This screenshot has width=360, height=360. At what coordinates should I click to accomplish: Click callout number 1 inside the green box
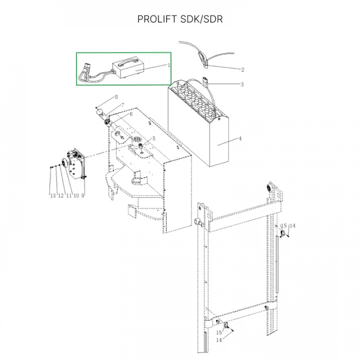[169, 65]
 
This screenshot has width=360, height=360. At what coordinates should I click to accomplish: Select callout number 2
[242, 69]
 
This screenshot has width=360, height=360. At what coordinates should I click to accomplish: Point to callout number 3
[242, 84]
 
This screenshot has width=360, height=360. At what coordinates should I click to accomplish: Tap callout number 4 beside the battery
[239, 138]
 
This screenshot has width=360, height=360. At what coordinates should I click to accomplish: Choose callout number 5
[154, 138]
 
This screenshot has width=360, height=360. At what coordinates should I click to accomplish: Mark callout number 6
[131, 114]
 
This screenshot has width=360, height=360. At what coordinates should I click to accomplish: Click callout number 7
[122, 105]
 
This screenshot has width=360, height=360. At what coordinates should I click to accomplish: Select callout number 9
[82, 195]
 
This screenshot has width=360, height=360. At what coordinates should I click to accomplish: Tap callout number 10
[76, 195]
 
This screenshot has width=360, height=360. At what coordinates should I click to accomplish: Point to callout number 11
[68, 195]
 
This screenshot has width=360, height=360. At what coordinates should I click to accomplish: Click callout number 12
[60, 195]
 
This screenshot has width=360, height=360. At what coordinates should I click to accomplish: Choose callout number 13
[52, 195]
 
